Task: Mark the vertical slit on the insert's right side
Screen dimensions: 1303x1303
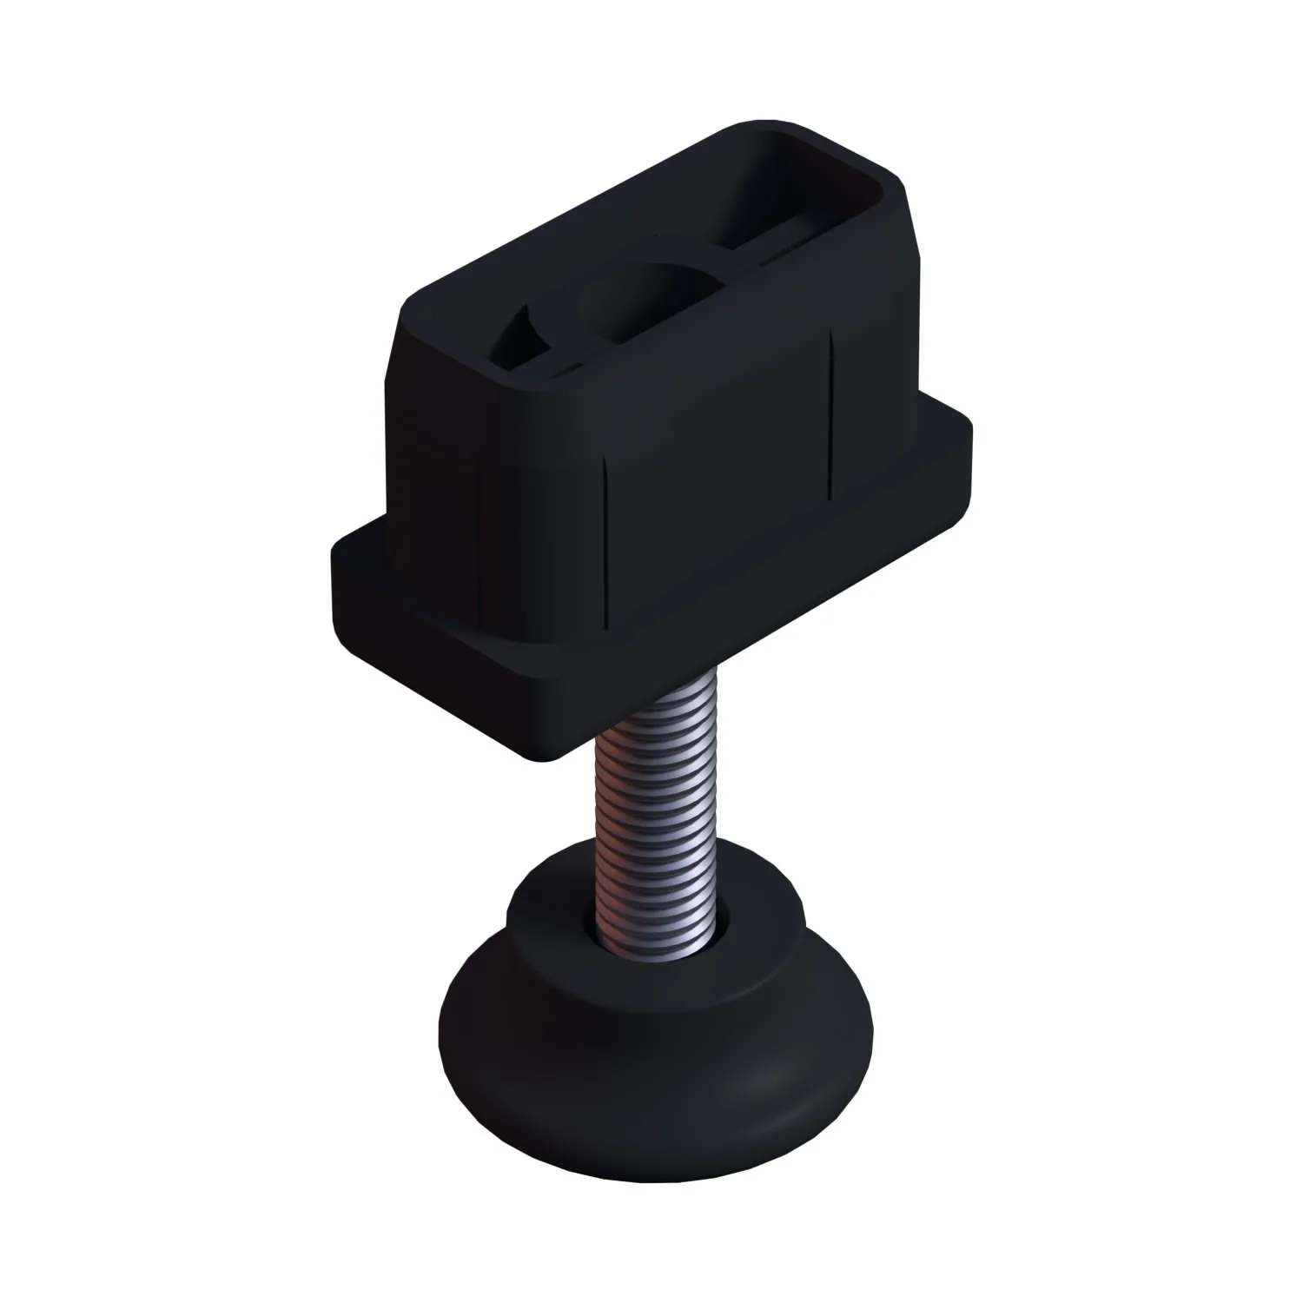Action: tap(831, 417)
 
